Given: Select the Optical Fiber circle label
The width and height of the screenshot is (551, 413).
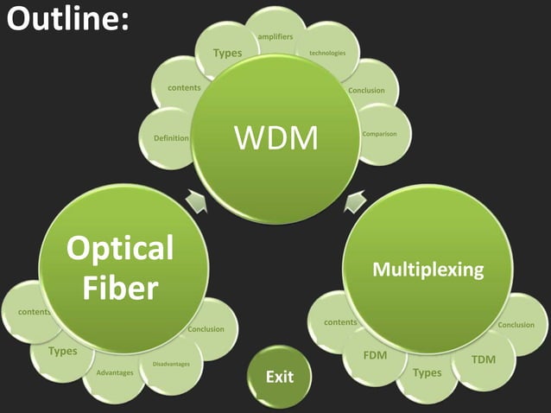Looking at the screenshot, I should tap(120, 268).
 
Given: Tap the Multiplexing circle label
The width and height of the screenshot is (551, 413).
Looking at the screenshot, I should tap(427, 270).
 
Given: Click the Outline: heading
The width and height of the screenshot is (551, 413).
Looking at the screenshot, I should tap(67, 19).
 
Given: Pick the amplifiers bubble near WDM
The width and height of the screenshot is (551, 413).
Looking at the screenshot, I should tap(275, 35).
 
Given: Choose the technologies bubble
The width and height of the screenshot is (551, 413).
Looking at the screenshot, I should tap(327, 54).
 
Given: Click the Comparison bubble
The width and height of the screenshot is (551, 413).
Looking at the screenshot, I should tap(380, 134).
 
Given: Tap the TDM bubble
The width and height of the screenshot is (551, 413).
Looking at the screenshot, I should tap(484, 359).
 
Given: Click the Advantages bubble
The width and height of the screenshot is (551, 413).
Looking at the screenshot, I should tap(115, 373).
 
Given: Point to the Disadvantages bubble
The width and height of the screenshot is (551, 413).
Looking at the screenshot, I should tap(171, 364).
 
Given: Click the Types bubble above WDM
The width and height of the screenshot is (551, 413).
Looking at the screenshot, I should tap(227, 54).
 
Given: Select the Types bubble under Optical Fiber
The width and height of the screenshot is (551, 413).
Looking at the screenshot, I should tap(62, 351).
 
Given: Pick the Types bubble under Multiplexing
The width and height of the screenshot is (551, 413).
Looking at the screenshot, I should tap(427, 373).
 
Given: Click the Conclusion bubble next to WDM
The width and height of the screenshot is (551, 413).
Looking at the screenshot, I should tap(366, 90).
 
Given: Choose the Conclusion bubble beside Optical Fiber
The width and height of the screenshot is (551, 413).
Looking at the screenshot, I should tap(206, 329).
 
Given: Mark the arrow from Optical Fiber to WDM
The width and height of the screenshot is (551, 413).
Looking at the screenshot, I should tap(198, 201).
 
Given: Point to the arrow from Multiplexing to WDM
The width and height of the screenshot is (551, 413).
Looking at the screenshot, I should tap(353, 203).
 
